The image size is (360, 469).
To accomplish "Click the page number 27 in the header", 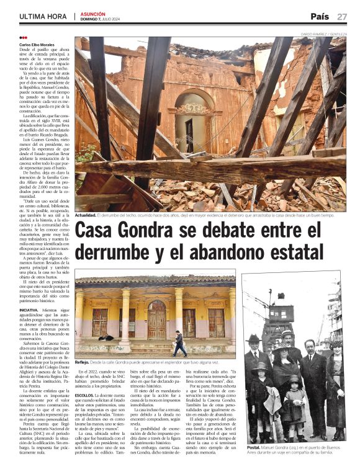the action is click(342, 16).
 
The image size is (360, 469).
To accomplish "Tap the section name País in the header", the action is click(320, 16).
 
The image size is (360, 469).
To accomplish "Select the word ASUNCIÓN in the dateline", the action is click(93, 13).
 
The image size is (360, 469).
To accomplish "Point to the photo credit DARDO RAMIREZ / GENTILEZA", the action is click(323, 33).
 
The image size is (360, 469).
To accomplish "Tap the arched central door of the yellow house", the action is click(157, 319).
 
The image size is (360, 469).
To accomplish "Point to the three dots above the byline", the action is click(23, 38).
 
